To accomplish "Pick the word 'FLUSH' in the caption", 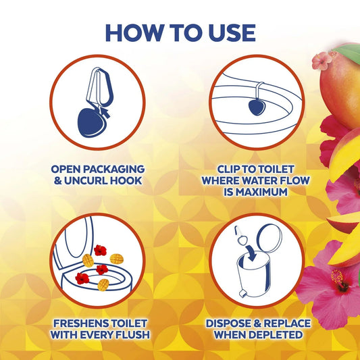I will point(131,334).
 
